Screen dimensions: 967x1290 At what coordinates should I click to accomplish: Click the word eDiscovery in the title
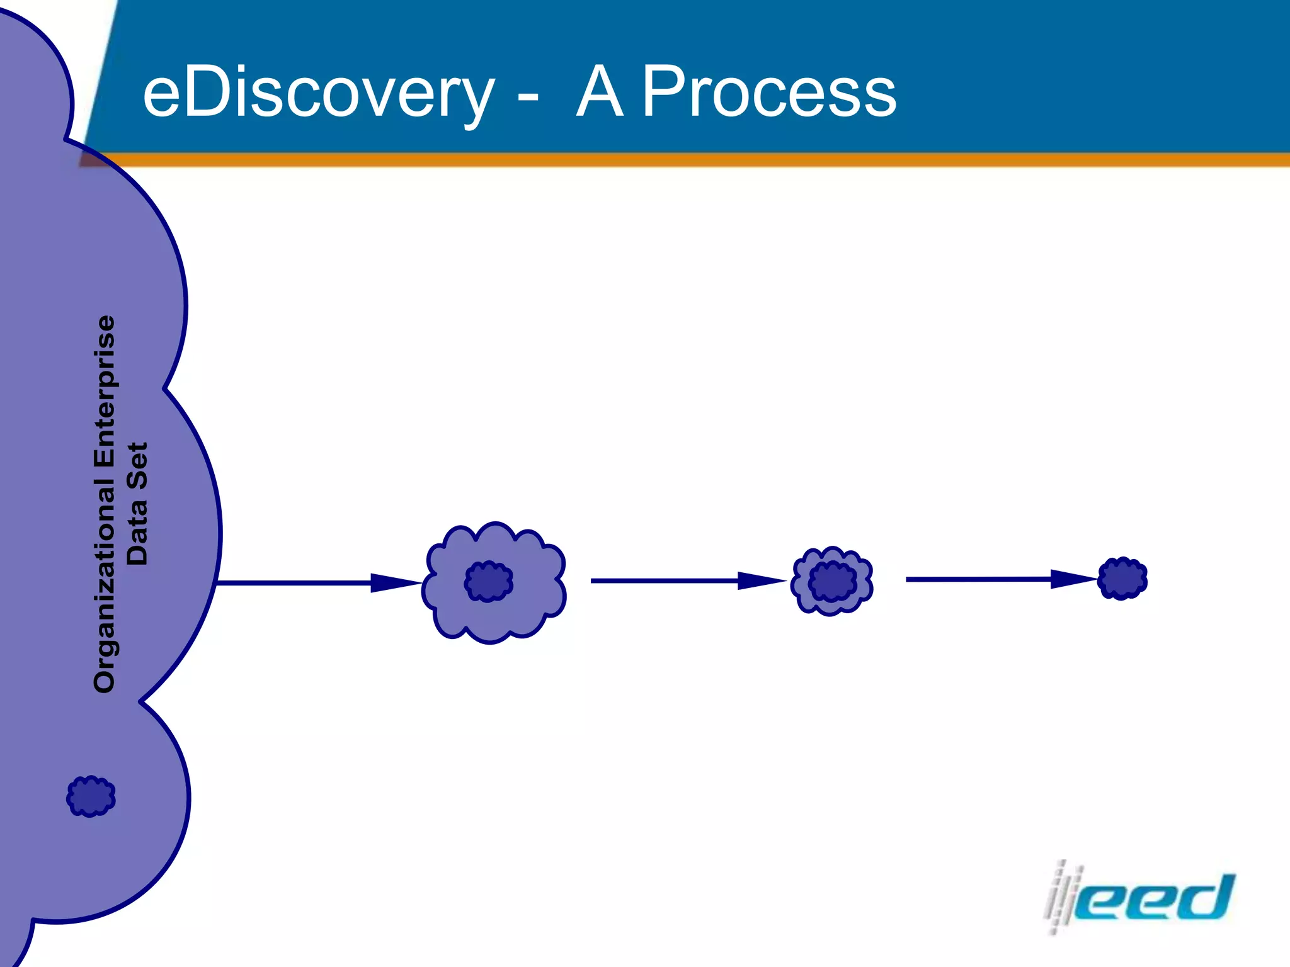click(318, 93)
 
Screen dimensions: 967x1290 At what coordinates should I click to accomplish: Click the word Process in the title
click(768, 93)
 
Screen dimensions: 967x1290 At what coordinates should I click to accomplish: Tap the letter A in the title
click(600, 93)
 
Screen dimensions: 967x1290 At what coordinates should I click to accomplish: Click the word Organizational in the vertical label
click(105, 585)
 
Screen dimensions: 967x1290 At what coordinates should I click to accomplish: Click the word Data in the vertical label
click(137, 532)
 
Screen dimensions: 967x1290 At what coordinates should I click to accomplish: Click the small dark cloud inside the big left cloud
click(91, 796)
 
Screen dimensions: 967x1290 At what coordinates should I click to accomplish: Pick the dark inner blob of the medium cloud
click(489, 581)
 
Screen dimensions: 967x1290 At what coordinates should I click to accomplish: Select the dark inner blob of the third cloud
click(833, 581)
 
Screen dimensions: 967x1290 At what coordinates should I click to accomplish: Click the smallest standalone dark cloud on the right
click(1122, 578)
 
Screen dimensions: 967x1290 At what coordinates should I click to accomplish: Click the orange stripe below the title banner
click(693, 160)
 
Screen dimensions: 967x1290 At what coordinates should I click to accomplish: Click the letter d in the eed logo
click(1206, 897)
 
